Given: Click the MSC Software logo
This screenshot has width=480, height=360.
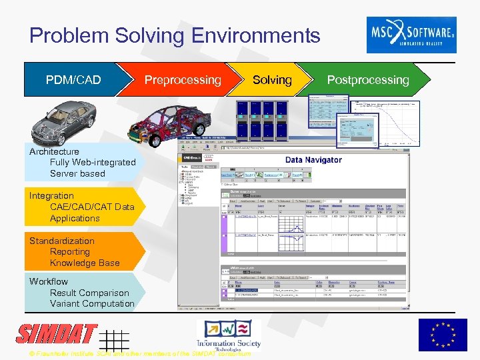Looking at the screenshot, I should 411,35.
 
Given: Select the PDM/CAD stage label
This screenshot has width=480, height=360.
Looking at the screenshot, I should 73,80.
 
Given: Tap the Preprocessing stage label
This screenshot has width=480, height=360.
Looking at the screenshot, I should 183,80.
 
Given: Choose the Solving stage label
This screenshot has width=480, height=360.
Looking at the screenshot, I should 272,80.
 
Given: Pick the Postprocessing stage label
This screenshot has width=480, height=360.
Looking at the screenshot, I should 368,80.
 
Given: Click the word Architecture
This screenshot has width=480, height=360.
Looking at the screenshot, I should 54,151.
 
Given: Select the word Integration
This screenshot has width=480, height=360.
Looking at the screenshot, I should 51,195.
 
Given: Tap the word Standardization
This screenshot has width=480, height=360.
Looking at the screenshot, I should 62,241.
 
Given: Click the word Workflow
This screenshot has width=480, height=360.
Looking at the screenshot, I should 49,281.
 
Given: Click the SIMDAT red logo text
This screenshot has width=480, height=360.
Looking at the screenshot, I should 57,335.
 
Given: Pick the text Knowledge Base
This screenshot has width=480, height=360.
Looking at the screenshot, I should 85,263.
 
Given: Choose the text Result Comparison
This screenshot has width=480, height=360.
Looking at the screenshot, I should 89,293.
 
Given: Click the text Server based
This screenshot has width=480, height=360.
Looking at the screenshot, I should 77,173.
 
